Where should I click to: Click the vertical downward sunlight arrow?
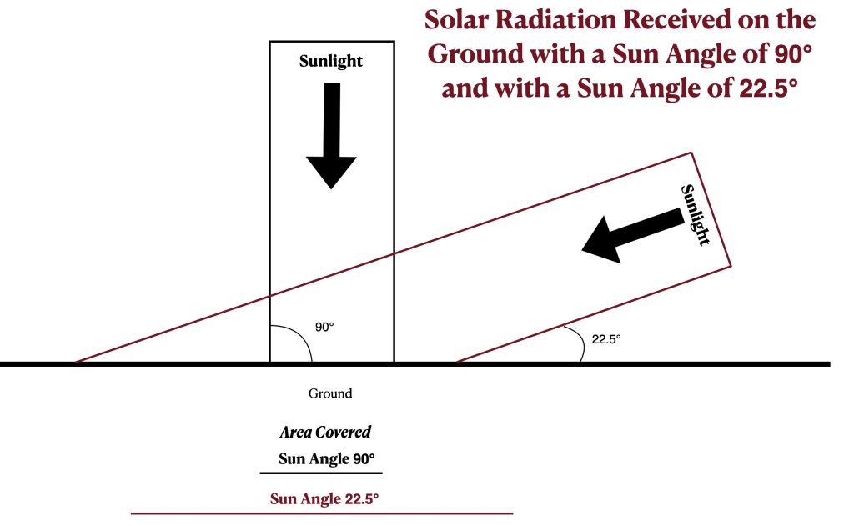click(332, 136)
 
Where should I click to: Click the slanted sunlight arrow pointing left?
click(633, 236)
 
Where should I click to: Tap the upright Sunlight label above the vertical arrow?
click(330, 61)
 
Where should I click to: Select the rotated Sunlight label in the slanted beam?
click(696, 215)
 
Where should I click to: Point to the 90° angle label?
click(324, 327)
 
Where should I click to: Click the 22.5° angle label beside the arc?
click(606, 339)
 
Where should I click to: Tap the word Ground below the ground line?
click(330, 393)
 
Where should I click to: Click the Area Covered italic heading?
click(325, 433)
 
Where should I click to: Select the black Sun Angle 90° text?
click(327, 459)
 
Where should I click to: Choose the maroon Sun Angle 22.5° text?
click(324, 498)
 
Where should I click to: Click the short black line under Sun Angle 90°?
click(321, 473)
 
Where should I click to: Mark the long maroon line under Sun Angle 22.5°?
click(322, 513)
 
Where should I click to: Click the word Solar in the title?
click(456, 20)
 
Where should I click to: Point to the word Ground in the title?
click(475, 54)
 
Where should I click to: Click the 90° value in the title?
click(792, 54)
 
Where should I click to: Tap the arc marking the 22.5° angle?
click(579, 342)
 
